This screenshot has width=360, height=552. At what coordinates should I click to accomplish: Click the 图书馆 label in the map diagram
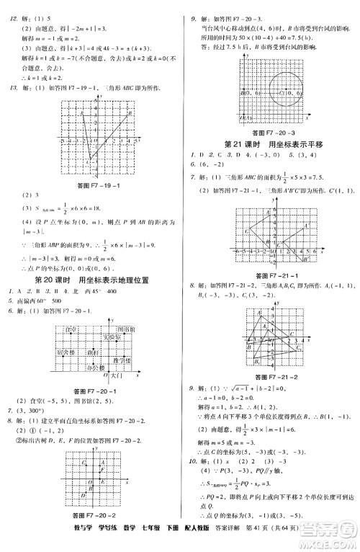(122, 329)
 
